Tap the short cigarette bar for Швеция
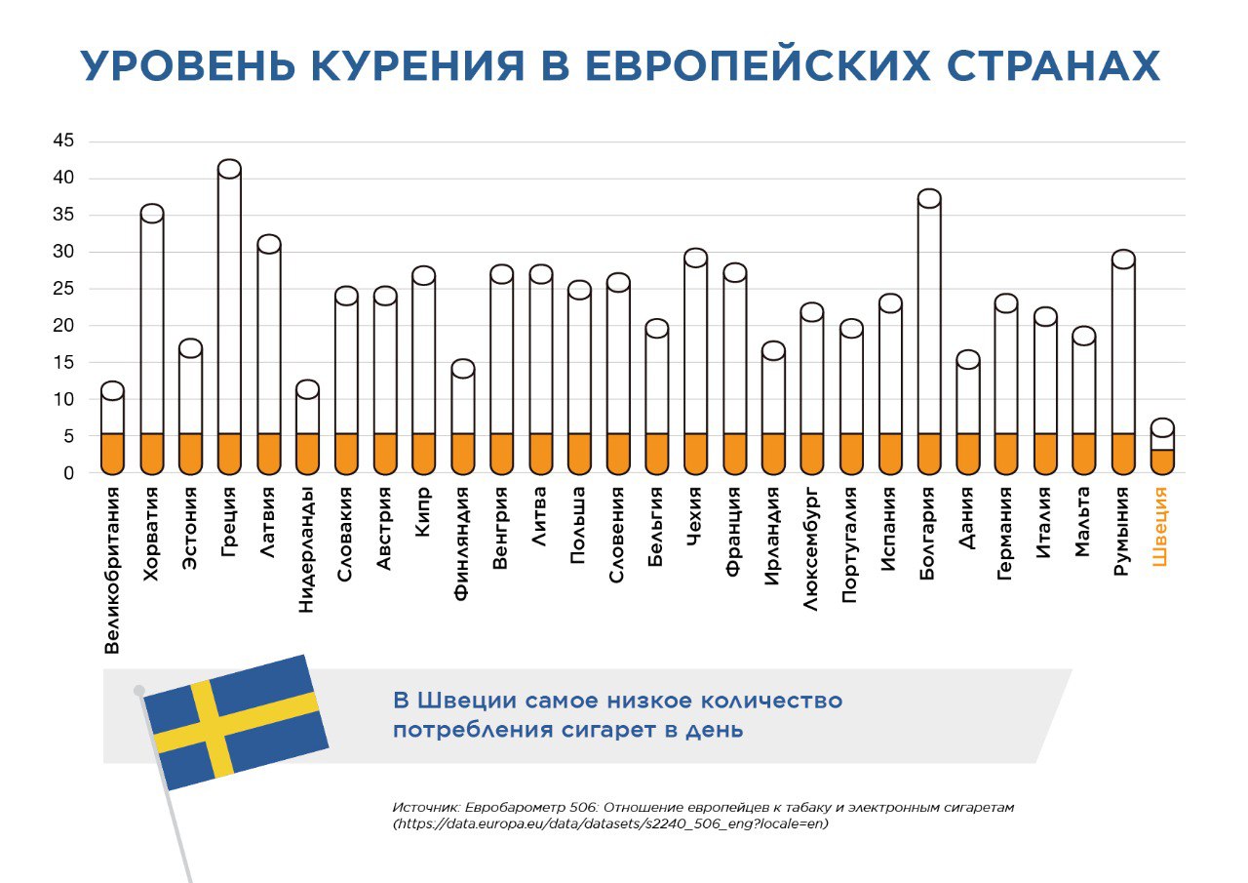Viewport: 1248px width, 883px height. (x=1162, y=449)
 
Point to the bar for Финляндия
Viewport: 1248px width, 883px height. (x=462, y=410)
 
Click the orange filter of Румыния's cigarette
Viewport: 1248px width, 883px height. (x=1123, y=454)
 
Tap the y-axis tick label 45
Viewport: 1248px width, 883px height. (x=63, y=141)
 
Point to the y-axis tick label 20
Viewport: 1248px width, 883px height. (x=63, y=326)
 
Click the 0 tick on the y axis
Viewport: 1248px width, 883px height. (x=69, y=473)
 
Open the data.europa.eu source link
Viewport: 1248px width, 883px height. (x=613, y=823)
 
